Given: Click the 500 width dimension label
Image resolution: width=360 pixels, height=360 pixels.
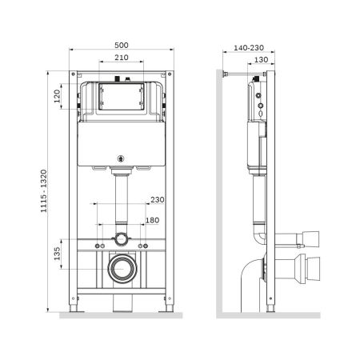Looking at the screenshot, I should [122, 46].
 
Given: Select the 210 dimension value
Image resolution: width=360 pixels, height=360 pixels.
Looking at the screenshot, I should [122, 58].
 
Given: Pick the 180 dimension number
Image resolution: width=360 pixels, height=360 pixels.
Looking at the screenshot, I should [152, 221].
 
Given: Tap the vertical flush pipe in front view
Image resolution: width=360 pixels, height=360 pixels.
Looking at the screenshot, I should [122, 200].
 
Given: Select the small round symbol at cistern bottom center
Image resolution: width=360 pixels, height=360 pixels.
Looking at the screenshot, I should [122, 158].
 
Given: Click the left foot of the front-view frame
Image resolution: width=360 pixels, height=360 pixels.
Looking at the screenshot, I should [78, 305].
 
